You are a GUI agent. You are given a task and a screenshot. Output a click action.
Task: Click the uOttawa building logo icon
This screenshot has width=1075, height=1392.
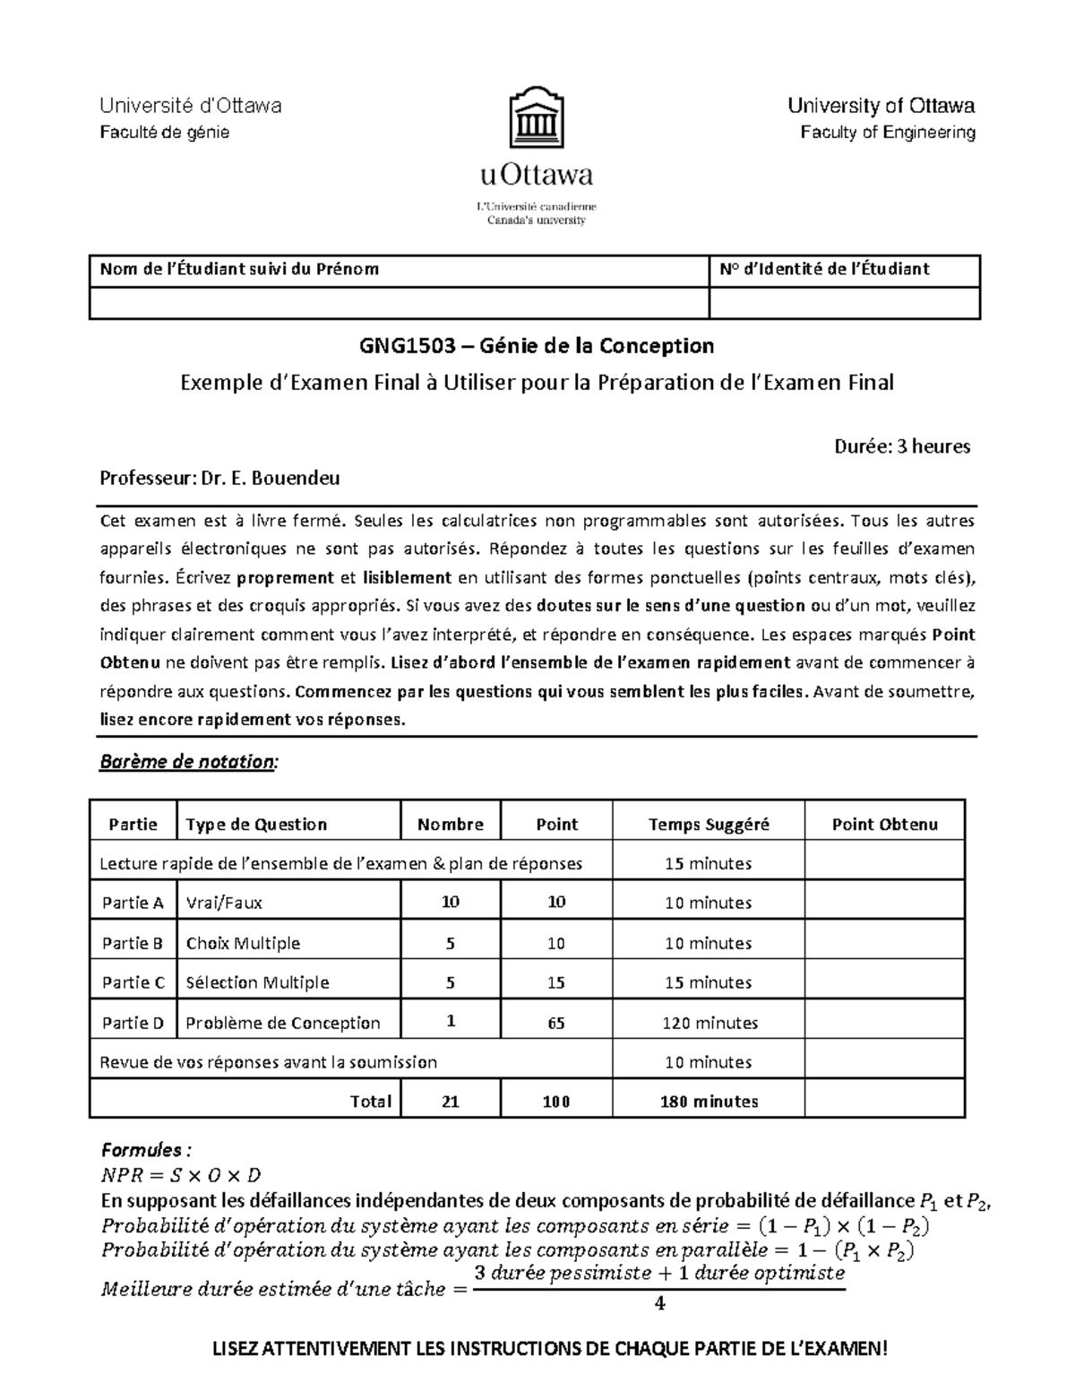click(x=537, y=117)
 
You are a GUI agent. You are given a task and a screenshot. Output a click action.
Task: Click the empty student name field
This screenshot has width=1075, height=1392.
click(x=399, y=303)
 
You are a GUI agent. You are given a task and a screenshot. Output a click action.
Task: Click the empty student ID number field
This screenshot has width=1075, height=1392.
click(x=844, y=303)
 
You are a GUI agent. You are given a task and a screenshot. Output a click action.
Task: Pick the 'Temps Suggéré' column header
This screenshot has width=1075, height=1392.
click(x=708, y=825)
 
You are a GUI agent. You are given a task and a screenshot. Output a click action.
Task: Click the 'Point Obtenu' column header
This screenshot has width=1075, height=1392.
click(x=884, y=825)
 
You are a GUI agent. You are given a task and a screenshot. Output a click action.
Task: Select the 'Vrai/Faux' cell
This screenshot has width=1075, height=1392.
click(x=224, y=903)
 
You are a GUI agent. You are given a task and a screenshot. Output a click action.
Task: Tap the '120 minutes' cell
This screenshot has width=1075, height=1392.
click(x=709, y=1023)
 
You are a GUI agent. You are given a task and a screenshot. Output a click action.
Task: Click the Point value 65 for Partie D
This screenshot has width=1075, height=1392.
click(x=555, y=1023)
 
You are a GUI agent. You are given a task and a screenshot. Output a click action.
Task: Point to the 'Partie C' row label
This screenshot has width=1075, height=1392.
click(x=133, y=982)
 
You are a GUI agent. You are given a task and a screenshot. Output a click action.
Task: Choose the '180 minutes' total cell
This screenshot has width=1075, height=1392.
click(x=709, y=1102)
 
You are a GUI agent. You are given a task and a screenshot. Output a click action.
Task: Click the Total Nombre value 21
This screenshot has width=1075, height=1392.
click(x=451, y=1102)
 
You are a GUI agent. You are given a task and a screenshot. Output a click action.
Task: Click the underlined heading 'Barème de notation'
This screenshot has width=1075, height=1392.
click(x=188, y=762)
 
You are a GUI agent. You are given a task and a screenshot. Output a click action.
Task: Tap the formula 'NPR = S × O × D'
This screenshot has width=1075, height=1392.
click(x=181, y=1175)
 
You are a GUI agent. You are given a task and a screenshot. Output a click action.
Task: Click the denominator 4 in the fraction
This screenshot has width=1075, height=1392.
click(x=659, y=1303)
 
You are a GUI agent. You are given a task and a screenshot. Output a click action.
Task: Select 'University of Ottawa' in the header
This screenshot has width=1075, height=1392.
click(x=881, y=106)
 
